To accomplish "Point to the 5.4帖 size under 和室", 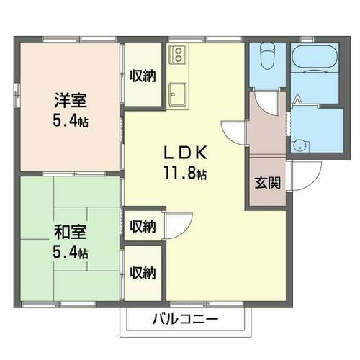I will [70, 253].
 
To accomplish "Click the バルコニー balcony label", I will [185, 319].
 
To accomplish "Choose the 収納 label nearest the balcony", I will [142, 273].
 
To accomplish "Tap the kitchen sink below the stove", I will [178, 92].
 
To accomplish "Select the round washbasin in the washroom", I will [299, 144].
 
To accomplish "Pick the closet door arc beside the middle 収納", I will [178, 221].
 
